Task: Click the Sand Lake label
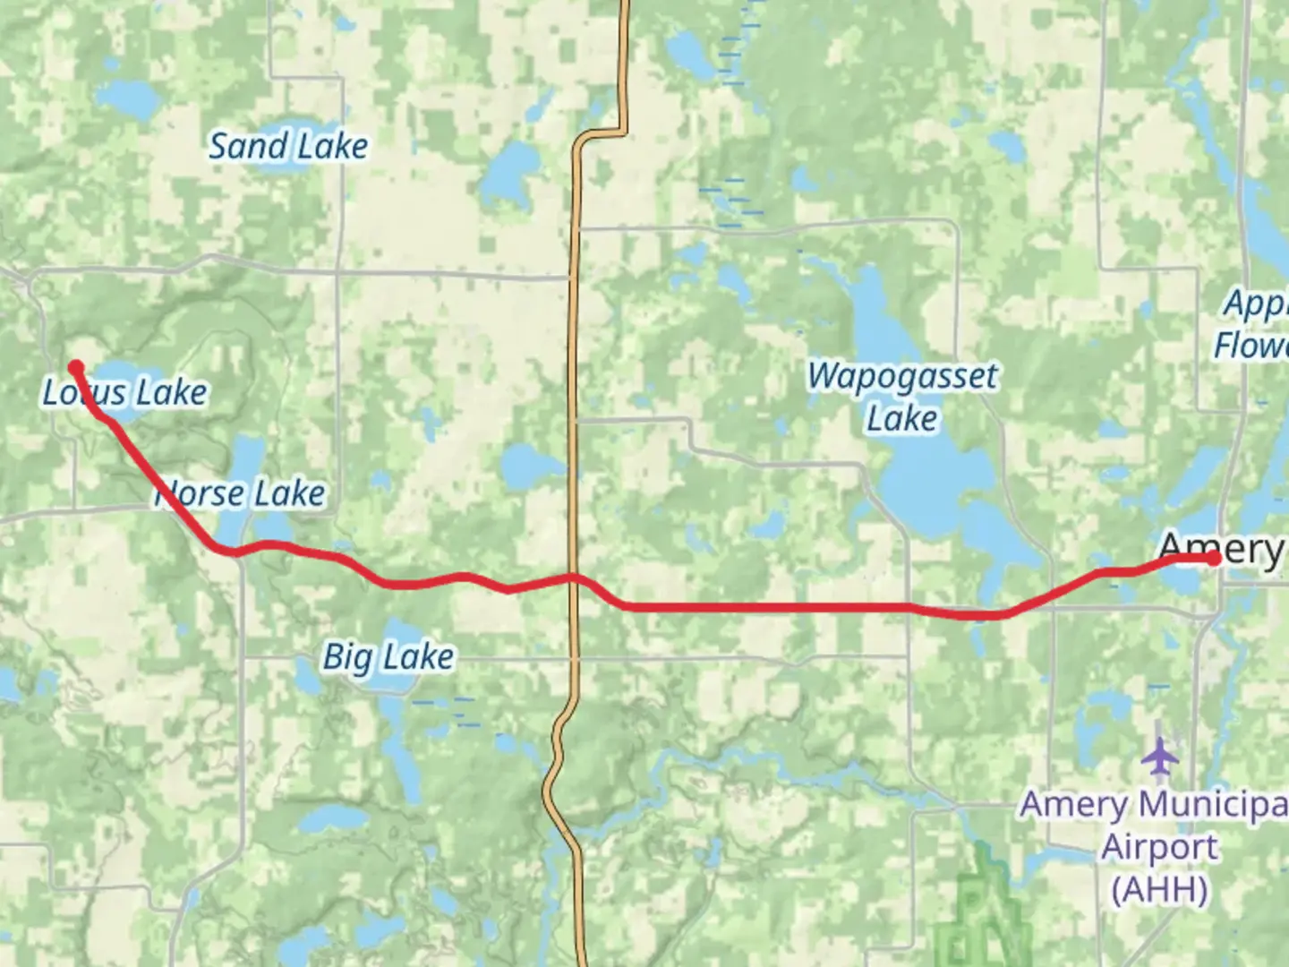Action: [288, 146]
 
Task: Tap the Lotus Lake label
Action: [125, 392]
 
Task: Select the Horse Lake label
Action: [240, 493]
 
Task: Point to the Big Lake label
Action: [388, 657]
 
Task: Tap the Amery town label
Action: [1221, 549]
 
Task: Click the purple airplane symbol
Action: [1161, 757]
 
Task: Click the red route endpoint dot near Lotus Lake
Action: [77, 366]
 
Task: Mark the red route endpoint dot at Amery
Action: [1214, 559]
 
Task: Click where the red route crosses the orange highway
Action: [573, 578]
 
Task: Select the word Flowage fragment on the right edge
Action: [1251, 346]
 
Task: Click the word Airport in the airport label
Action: [1159, 847]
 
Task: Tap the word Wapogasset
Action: [902, 376]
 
